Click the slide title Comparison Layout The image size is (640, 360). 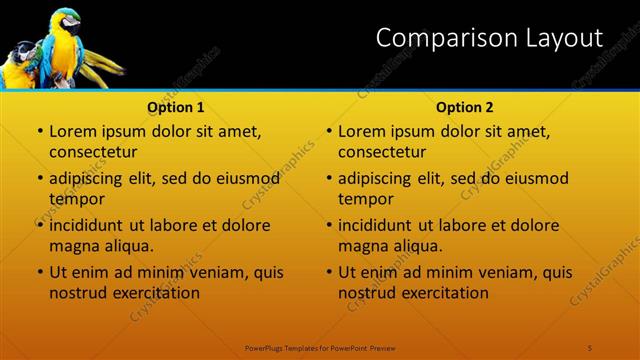click(x=489, y=38)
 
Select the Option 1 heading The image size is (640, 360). click(x=176, y=107)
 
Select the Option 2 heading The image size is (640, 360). click(x=465, y=107)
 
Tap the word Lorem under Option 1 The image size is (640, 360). click(x=72, y=131)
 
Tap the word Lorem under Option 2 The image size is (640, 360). click(x=361, y=131)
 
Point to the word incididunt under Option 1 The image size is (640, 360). click(x=87, y=225)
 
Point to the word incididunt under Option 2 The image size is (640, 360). click(x=376, y=225)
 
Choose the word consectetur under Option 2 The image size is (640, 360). click(x=383, y=152)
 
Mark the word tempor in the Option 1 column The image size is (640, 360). click(x=74, y=199)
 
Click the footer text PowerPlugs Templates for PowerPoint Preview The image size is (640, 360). click(x=321, y=347)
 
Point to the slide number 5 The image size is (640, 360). click(x=590, y=347)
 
